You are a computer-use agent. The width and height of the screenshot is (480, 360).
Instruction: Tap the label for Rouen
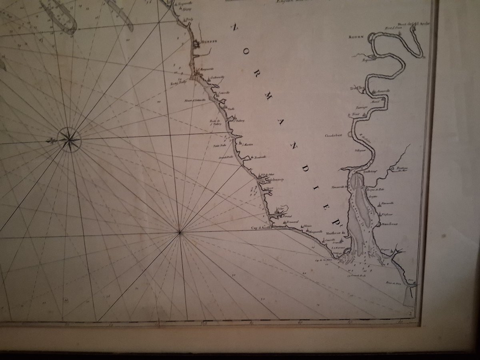tap(356, 36)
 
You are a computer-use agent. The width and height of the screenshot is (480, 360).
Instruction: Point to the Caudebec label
tap(333, 136)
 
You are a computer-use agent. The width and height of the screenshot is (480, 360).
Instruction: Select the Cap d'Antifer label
tap(261, 228)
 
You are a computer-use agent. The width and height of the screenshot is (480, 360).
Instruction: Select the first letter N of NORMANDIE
tap(235, 28)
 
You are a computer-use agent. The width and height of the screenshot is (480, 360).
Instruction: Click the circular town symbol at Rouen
tap(371, 36)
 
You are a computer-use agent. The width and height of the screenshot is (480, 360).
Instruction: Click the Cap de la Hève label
tap(324, 259)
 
